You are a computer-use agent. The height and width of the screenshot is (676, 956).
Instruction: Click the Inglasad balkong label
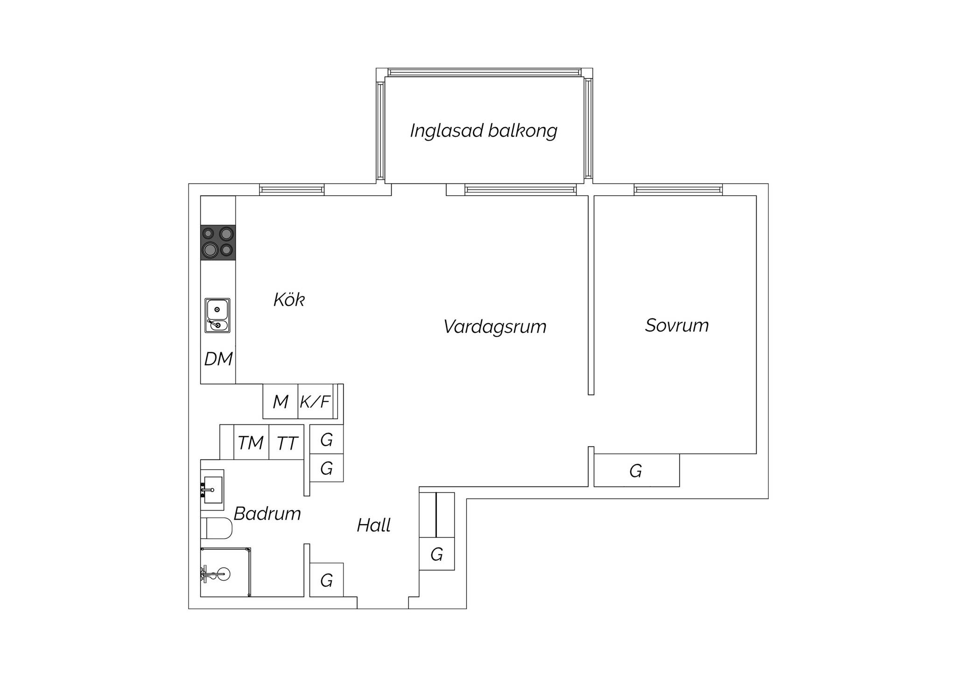coord(484,131)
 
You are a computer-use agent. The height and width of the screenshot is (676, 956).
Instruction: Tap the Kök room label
coord(289,300)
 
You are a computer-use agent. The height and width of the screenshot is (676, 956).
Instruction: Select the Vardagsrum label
coord(495,327)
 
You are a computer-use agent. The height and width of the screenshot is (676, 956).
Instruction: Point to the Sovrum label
coord(677,325)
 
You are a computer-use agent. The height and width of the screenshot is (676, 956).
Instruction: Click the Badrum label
coord(267,514)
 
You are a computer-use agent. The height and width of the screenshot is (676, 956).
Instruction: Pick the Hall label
coord(373,525)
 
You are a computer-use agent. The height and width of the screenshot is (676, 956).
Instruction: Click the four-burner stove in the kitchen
coord(218,242)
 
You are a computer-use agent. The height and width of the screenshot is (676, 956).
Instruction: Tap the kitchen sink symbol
coord(218,316)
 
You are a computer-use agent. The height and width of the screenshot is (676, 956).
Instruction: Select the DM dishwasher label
coord(218,359)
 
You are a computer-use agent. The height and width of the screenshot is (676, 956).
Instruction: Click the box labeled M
coord(280,401)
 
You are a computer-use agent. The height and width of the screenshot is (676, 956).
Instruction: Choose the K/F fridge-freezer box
coord(316,401)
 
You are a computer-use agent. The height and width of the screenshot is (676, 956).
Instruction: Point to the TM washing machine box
coord(251,442)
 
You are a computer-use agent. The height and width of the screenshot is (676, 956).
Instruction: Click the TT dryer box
coord(287,442)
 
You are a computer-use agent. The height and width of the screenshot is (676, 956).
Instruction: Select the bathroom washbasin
coord(212,486)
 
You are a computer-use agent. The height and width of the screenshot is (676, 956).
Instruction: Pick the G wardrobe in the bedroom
coord(637,470)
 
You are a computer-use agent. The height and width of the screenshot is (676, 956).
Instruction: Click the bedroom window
coord(678,190)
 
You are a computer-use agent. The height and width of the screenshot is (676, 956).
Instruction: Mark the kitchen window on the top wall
coord(292,190)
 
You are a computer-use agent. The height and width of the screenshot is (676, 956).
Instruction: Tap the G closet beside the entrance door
coord(327,580)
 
